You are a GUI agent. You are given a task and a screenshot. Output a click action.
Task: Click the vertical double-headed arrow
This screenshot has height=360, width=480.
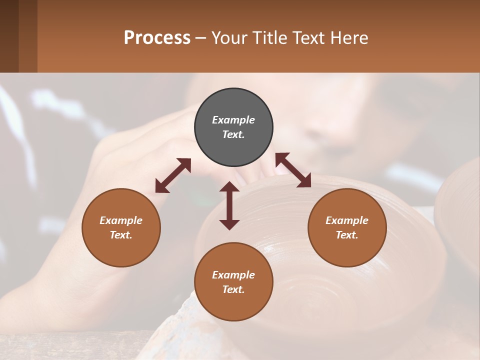tap(229, 205)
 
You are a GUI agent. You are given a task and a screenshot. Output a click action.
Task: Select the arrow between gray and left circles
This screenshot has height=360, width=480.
tap(173, 175)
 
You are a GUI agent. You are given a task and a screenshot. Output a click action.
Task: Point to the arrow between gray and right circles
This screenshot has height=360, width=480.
tap(293, 170)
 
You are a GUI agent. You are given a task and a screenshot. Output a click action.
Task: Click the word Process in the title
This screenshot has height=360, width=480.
tap(157, 37)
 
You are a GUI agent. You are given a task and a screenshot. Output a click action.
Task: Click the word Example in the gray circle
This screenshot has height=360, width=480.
tap(233, 120)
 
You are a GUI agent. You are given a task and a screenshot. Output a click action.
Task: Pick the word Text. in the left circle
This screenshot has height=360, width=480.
tap(121, 235)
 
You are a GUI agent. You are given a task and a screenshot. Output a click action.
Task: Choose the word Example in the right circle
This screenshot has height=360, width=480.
tap(347, 220)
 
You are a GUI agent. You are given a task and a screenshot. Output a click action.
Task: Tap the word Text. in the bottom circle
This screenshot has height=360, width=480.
tap(233, 289)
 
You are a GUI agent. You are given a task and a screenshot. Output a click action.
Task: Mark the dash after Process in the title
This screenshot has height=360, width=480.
tap(201, 38)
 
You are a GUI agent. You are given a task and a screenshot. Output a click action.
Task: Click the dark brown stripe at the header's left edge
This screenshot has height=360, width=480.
tap(9, 36)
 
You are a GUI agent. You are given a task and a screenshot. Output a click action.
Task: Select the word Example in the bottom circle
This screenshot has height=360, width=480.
tap(233, 275)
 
